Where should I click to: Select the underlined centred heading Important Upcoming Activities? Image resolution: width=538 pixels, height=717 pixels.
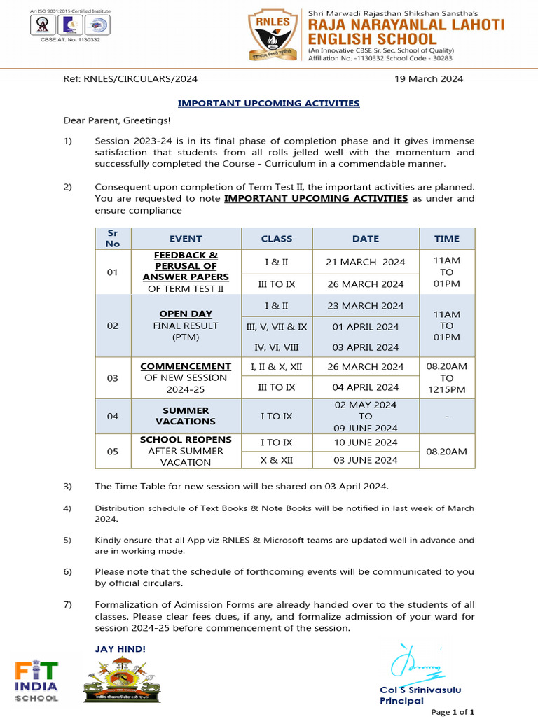[x=268, y=103]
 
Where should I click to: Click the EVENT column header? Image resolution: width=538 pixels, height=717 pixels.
[x=186, y=239]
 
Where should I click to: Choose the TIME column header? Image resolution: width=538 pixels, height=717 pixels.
[x=446, y=239]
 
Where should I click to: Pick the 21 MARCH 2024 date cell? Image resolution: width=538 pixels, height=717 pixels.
[x=365, y=262]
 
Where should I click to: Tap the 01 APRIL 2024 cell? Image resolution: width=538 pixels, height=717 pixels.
[x=365, y=326]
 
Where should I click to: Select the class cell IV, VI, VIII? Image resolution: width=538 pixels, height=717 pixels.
[x=276, y=347]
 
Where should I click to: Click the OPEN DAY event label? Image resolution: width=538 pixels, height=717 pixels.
[x=186, y=314]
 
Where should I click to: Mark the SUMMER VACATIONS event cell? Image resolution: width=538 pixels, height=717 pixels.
[x=186, y=416]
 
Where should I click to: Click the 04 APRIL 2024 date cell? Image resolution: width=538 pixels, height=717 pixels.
[x=365, y=387]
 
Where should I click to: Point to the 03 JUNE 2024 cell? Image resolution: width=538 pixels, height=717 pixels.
[x=365, y=460]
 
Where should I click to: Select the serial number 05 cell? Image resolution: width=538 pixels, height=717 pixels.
[x=113, y=452]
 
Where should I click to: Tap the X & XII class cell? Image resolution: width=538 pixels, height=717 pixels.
[x=276, y=460]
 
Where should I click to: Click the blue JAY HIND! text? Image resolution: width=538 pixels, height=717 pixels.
[x=120, y=649]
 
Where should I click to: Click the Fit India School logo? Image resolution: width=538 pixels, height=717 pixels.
[x=37, y=681]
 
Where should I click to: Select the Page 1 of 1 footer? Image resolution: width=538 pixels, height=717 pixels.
[x=453, y=711]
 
